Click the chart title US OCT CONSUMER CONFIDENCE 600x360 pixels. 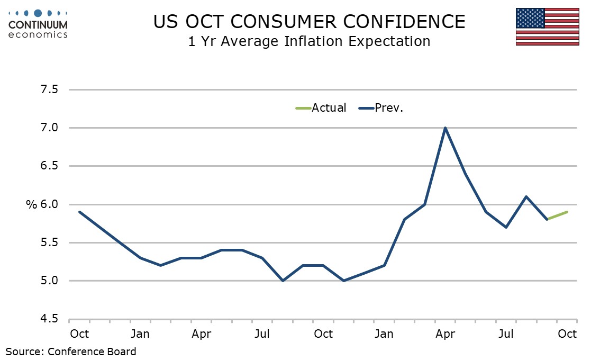pos(309,22)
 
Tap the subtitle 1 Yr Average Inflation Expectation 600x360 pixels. pos(309,41)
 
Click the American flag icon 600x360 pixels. pos(547,26)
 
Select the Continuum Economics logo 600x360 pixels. pos(38,23)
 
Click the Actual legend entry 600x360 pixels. pos(321,108)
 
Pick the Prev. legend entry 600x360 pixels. pos(381,108)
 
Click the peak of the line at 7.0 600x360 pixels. pos(445,128)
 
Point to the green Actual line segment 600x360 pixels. pos(557,215)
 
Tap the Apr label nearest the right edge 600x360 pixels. pos(445,334)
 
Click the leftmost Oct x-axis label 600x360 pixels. pos(79,334)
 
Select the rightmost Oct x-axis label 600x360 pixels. pos(567,334)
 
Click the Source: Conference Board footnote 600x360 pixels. pos(71,351)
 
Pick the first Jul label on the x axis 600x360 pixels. pos(262,334)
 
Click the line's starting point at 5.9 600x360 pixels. pos(79,212)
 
